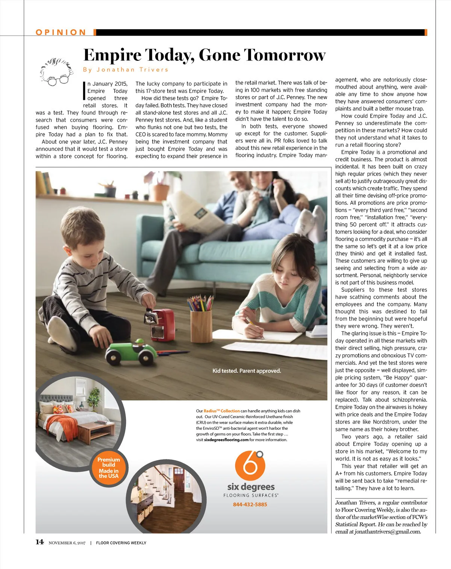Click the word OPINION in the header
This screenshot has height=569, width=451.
tap(61, 32)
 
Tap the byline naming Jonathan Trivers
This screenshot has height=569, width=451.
tap(126, 69)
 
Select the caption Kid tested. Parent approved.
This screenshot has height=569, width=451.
tap(247, 371)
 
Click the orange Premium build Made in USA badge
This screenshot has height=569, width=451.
tap(109, 468)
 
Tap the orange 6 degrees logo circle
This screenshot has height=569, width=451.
tap(250, 465)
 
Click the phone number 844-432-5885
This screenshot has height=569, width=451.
tap(250, 504)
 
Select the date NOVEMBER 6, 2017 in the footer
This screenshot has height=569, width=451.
tap(67, 543)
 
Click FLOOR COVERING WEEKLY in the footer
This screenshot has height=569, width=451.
tap(121, 543)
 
